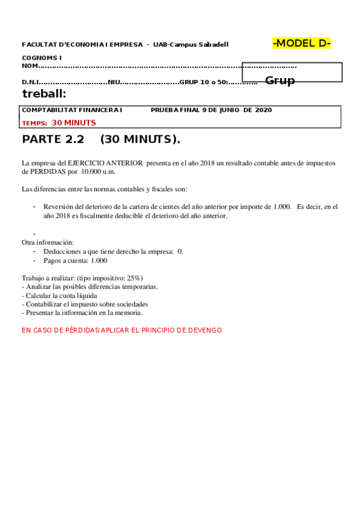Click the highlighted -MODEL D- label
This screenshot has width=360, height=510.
pyautogui.click(x=302, y=43)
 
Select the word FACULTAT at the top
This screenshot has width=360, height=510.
pyautogui.click(x=37, y=45)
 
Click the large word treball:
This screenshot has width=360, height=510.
pyautogui.click(x=44, y=93)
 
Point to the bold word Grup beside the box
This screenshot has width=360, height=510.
pyautogui.click(x=280, y=81)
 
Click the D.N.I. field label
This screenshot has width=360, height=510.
pyautogui.click(x=30, y=82)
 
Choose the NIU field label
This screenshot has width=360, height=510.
pyautogui.click(x=114, y=82)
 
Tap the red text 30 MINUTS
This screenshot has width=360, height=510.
pyautogui.click(x=73, y=122)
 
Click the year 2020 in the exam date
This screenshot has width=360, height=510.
pyautogui.click(x=263, y=110)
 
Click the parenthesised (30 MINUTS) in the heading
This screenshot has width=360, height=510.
pyautogui.click(x=140, y=140)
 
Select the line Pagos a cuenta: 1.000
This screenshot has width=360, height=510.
pyautogui.click(x=75, y=260)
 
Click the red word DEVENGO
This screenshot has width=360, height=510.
pyautogui.click(x=204, y=330)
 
